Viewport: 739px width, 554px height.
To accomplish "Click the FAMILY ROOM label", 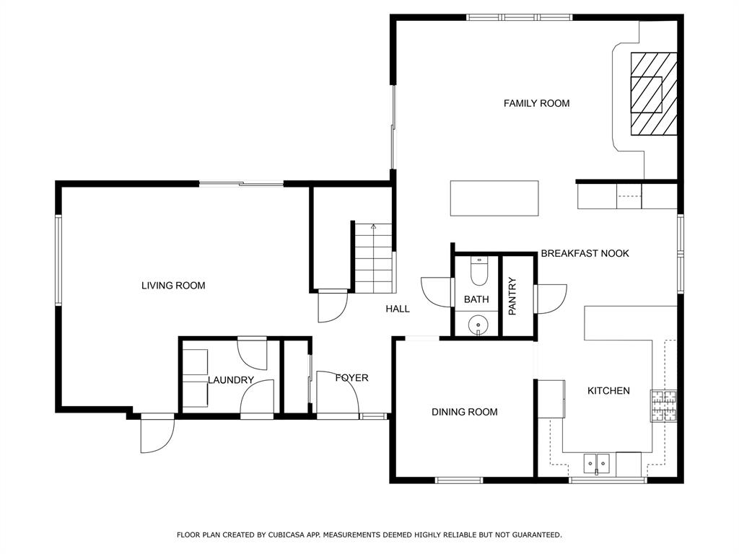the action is click(x=536, y=103).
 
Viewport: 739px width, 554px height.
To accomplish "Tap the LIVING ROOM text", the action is click(x=173, y=286).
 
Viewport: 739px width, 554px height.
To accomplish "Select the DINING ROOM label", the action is click(x=465, y=412).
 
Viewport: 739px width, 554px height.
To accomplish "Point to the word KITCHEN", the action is click(x=608, y=390).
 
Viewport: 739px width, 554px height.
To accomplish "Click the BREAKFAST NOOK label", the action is click(x=585, y=253).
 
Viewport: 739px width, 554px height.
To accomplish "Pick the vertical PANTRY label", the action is click(x=513, y=296).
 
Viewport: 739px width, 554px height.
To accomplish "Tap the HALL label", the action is click(x=398, y=309).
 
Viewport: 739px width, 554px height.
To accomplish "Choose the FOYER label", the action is click(x=352, y=378).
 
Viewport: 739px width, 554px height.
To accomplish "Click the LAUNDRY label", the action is click(x=231, y=379).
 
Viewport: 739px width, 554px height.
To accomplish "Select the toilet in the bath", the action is click(x=479, y=271).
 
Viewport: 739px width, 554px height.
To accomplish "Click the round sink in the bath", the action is click(x=478, y=325).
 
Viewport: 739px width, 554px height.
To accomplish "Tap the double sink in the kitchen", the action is click(x=597, y=464).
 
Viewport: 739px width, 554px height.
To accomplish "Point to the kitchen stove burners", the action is click(x=664, y=405).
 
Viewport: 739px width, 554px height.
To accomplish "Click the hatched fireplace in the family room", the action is click(x=654, y=94).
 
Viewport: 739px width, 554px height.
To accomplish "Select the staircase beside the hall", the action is click(x=373, y=258).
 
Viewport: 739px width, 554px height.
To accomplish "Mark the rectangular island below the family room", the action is click(x=494, y=198).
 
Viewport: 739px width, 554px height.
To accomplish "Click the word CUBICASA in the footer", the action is click(x=287, y=535).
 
